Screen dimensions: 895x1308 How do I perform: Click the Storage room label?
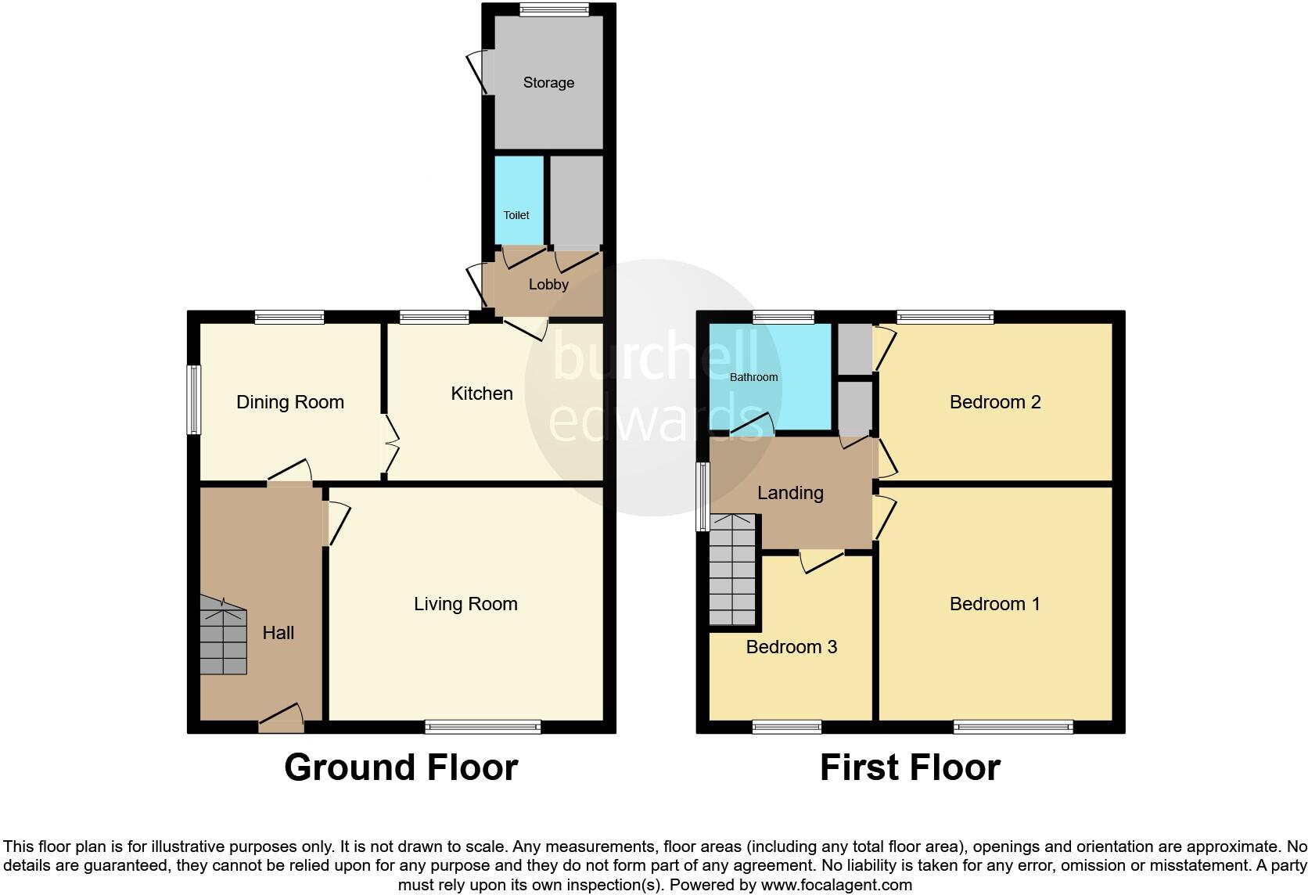click(548, 83)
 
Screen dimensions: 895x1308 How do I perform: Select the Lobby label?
click(548, 285)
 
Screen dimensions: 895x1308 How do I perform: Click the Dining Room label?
click(290, 402)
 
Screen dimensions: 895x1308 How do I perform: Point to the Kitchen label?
click(482, 394)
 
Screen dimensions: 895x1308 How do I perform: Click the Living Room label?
click(465, 604)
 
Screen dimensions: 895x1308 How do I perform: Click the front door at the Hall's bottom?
click(282, 719)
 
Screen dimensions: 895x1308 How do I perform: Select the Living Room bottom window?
click(483, 727)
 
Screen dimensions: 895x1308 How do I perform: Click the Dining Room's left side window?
click(193, 399)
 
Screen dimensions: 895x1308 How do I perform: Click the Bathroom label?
click(753, 377)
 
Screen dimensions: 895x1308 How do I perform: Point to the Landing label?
click(790, 493)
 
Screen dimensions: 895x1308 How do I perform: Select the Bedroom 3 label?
click(791, 647)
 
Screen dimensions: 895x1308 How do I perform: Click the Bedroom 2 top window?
click(945, 317)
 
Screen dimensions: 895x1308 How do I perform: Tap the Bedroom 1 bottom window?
click(1013, 727)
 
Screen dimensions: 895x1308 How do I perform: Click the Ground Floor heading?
click(401, 767)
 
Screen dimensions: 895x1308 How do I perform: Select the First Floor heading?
click(910, 767)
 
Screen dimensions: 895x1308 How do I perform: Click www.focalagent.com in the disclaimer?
click(836, 886)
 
